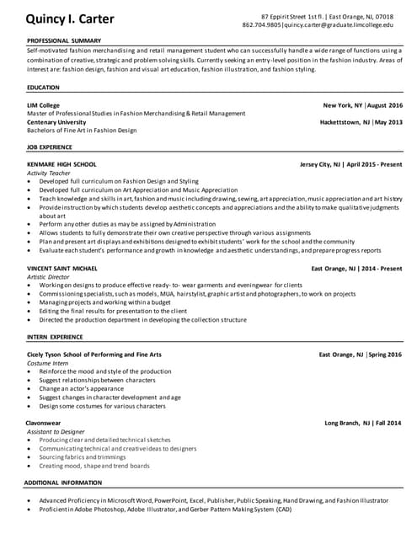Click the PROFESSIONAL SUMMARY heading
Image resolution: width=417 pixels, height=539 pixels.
[65, 40]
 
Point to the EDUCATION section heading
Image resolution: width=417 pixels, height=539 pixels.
[43, 87]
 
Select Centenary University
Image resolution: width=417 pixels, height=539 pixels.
[61, 122]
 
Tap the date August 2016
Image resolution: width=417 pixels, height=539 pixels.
[385, 104]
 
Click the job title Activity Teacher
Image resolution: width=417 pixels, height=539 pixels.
[49, 173]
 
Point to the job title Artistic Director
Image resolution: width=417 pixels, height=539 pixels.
[50, 276]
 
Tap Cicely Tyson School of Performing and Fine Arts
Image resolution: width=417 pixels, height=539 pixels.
[94, 355]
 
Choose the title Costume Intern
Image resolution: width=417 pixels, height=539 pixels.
[48, 363]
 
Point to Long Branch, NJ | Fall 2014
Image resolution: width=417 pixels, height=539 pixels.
[363, 423]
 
